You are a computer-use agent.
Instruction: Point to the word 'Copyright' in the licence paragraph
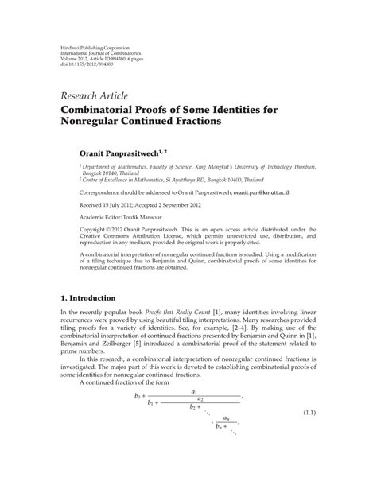coord(76,228)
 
